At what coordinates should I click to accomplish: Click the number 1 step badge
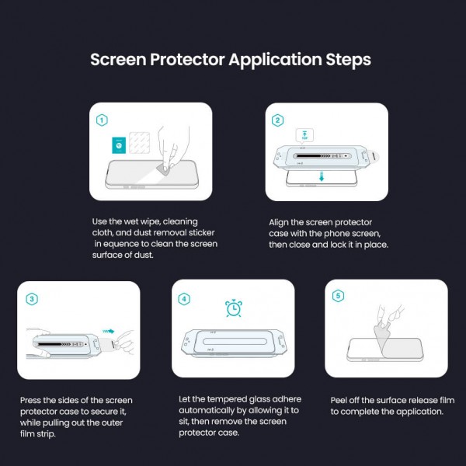pyautogui.click(x=103, y=120)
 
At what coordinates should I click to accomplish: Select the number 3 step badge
pyautogui.click(x=32, y=298)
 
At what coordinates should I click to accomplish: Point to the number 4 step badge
pyautogui.click(x=184, y=298)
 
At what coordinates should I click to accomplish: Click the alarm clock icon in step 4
pyautogui.click(x=232, y=308)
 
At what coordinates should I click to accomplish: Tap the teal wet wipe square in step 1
pyautogui.click(x=118, y=144)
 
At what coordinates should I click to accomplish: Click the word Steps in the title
pyautogui.click(x=343, y=59)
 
